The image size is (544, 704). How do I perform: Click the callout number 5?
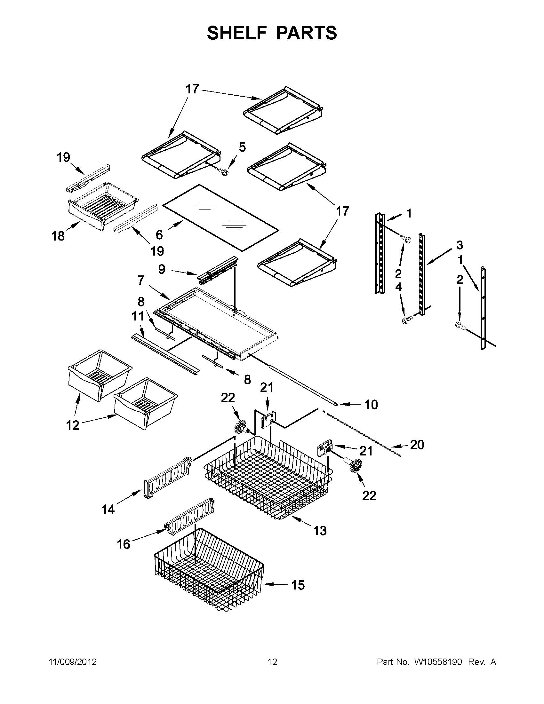click(242, 147)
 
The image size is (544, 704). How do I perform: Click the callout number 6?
click(159, 235)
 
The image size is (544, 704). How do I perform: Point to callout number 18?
click(58, 236)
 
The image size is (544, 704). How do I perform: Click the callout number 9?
click(162, 269)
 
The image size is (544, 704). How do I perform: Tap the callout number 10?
click(371, 405)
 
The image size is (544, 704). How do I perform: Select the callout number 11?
click(138, 316)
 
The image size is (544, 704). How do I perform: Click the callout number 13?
click(320, 530)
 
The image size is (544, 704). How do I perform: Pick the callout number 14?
click(108, 509)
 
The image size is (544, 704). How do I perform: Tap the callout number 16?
click(123, 544)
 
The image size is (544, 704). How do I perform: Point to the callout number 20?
click(417, 445)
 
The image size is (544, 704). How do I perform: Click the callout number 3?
click(459, 245)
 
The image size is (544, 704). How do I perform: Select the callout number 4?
click(399, 287)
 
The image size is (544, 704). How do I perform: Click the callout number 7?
click(141, 280)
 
